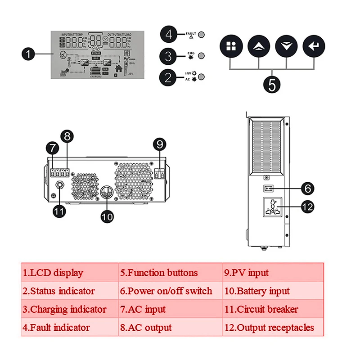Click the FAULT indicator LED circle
point(202,34)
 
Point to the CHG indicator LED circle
point(202,56)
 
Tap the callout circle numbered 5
point(271,84)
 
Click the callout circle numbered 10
point(107,216)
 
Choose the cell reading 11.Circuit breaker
point(273,309)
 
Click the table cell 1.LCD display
point(70,273)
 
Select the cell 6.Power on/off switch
point(170,291)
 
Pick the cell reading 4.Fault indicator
point(70,328)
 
